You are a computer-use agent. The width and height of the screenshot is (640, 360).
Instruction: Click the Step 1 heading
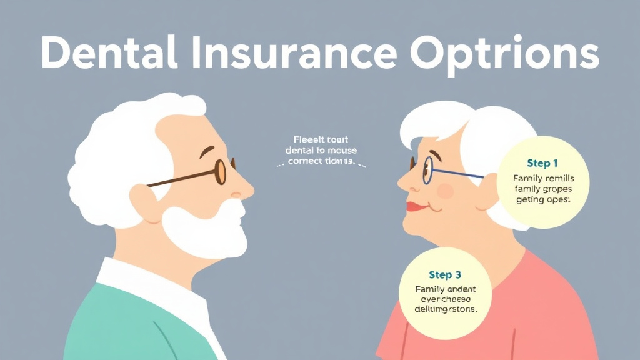(x=542, y=163)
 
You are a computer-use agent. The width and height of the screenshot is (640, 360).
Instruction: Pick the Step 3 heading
(x=445, y=275)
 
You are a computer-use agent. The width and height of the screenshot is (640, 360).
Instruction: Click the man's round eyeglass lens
(x=220, y=171)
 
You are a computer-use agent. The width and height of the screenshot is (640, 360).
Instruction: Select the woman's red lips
(x=416, y=206)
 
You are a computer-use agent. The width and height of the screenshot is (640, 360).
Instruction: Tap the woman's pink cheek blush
(x=445, y=191)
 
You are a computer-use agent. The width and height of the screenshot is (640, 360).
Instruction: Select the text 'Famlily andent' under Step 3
(x=445, y=289)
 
